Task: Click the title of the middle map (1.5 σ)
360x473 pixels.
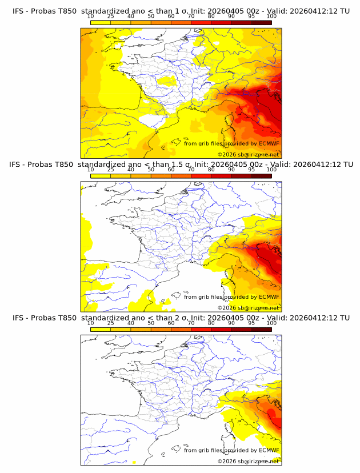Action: (181, 164)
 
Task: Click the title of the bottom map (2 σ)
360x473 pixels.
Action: (181, 318)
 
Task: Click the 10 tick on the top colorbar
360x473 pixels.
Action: (91, 17)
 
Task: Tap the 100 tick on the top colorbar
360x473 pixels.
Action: (271, 17)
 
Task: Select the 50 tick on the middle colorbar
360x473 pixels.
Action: (151, 170)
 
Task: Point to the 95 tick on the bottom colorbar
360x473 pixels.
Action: (251, 323)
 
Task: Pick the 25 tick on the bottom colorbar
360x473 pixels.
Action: (111, 323)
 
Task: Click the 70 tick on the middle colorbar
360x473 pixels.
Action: (191, 170)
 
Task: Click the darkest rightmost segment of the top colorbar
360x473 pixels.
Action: (261, 22)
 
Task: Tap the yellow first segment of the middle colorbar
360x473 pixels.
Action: (101, 176)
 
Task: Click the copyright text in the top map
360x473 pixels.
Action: (249, 154)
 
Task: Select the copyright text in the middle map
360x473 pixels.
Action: (249, 307)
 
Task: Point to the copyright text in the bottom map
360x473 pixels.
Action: (249, 461)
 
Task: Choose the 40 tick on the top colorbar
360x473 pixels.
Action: (131, 17)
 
